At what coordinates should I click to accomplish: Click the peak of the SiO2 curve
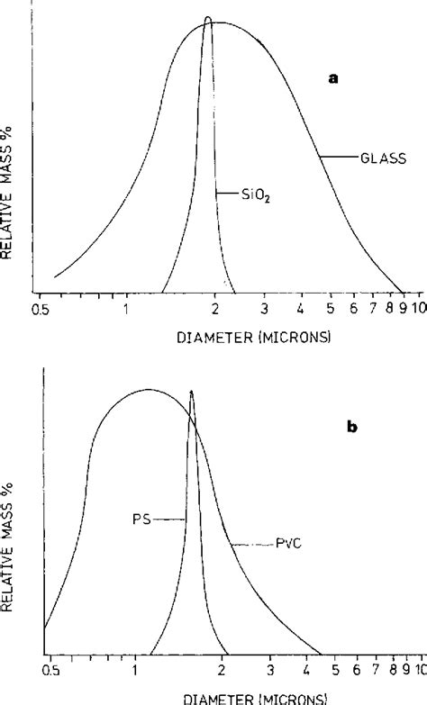208,18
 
